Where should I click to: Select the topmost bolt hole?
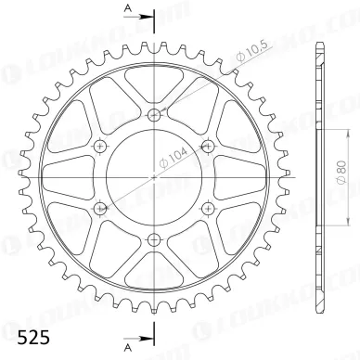coord(154,114)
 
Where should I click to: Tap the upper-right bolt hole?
coord(207,145)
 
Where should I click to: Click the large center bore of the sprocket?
coord(154,175)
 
